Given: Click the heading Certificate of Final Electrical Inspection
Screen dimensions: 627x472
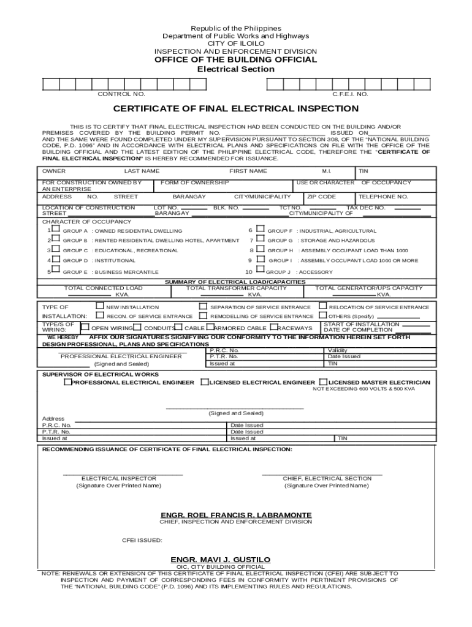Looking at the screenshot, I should (236, 109).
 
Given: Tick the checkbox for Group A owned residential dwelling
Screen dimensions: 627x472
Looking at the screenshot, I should (55, 230).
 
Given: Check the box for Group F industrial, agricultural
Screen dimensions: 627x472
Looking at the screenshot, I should (260, 230).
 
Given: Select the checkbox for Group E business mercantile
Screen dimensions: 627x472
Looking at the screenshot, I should (55, 269).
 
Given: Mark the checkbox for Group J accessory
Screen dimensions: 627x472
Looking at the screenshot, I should (260, 270).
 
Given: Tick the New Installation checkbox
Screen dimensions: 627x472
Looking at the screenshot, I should (99, 306).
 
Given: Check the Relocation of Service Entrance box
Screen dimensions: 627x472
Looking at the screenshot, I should (323, 306).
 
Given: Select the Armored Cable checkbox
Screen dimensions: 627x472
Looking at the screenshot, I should (209, 327).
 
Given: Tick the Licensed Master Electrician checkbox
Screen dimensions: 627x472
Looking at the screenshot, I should (323, 381).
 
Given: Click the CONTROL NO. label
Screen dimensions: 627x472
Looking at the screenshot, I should (121, 94).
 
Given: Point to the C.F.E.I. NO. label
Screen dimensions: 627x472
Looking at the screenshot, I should (350, 94).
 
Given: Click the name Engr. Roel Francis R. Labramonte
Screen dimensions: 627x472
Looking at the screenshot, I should (236, 514).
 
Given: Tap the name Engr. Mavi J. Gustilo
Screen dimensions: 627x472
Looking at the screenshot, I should (220, 560).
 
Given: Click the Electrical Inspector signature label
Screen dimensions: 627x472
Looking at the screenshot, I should (119, 478).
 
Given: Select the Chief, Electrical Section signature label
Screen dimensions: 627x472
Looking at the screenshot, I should (327, 478).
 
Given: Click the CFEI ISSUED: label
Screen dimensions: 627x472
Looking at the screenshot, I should (142, 540).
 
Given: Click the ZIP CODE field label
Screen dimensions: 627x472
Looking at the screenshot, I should (322, 197).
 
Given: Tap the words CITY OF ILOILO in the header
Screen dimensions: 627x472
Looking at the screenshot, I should (236, 44).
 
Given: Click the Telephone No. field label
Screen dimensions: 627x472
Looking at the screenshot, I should (383, 197).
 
